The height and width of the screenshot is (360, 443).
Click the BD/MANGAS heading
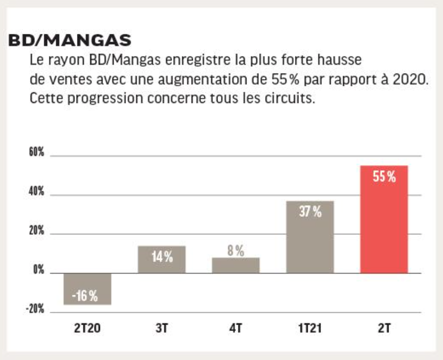[70, 41]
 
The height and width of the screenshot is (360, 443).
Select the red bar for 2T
[384, 226]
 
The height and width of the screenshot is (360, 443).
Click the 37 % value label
[310, 212]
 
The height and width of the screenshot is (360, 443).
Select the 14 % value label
[162, 257]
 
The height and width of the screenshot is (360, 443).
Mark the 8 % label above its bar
[236, 251]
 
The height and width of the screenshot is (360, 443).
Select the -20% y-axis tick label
[35, 309]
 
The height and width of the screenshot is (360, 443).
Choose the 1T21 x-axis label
[310, 328]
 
